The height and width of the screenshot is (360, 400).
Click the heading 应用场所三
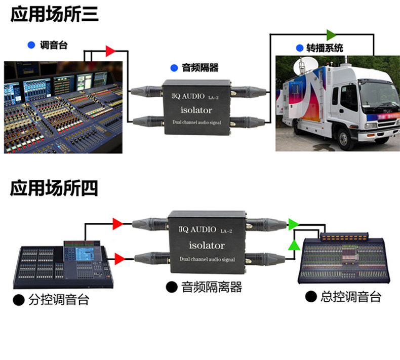tap(54, 15)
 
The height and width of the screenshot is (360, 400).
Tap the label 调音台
tap(54, 45)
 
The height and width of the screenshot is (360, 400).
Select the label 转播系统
tap(325, 48)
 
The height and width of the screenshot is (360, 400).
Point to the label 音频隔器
tap(200, 68)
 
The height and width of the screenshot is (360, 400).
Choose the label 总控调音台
tap(350, 297)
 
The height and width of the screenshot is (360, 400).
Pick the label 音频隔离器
tap(212, 288)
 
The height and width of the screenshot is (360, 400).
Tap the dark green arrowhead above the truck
tap(331, 34)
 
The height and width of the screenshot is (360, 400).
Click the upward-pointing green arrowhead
tap(293, 245)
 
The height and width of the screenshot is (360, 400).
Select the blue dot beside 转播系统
tap(299, 48)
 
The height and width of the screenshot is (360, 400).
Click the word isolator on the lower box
tap(206, 246)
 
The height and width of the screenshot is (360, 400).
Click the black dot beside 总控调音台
tap(311, 297)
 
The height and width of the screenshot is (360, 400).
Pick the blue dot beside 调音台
tap(31, 45)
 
